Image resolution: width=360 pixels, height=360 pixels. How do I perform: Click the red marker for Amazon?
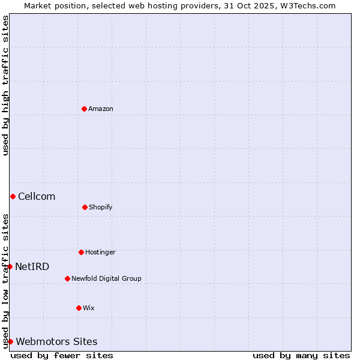(84, 109)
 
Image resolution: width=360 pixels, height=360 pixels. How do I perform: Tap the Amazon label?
(101, 109)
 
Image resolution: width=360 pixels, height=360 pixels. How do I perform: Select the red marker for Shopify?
(85, 207)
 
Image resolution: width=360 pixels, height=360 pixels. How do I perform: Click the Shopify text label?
(101, 207)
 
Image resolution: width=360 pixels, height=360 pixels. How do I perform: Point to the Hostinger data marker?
(81, 252)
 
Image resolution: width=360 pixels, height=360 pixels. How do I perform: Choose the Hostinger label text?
(100, 252)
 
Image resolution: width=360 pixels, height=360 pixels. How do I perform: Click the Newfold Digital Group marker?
(67, 278)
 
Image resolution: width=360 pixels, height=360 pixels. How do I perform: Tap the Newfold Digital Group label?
(106, 278)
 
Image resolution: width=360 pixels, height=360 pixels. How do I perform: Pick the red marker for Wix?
(79, 308)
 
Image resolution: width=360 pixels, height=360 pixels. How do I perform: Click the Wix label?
(89, 308)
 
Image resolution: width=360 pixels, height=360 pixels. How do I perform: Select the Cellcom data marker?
(13, 196)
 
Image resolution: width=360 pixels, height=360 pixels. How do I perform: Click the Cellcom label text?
(37, 196)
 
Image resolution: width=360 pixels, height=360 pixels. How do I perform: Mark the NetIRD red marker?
(10, 266)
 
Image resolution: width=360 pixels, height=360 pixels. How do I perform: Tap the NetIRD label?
(32, 266)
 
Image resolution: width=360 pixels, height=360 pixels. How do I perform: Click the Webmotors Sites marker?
(10, 341)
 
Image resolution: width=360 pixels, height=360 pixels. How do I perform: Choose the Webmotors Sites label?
(56, 341)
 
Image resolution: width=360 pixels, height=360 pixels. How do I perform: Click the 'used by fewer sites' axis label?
(62, 355)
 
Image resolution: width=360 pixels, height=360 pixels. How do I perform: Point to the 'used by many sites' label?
(301, 355)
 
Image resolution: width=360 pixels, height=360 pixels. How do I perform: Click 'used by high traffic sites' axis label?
(5, 85)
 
